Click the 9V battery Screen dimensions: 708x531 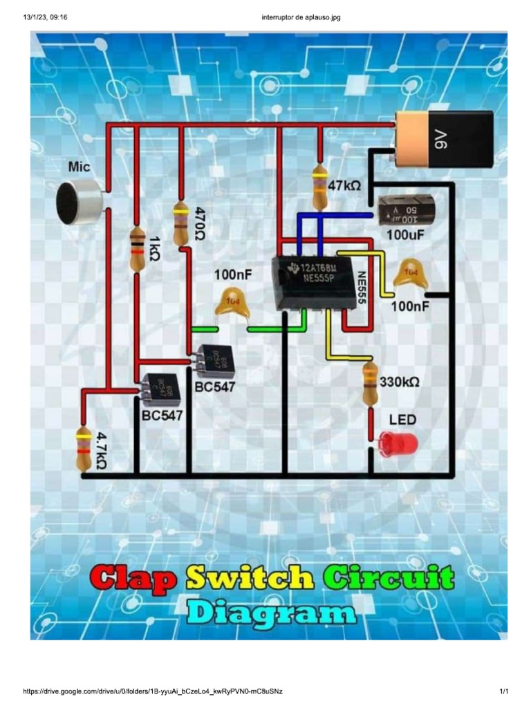[x=444, y=139]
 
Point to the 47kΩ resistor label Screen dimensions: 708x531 [x=345, y=185]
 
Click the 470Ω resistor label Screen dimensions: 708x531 [x=200, y=223]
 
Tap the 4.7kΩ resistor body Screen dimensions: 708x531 [x=84, y=449]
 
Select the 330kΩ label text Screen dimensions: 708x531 [x=400, y=382]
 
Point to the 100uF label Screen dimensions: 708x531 [x=406, y=235]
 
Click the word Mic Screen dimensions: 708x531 [x=79, y=167]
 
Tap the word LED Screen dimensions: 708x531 [x=402, y=420]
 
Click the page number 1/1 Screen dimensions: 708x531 [x=504, y=691]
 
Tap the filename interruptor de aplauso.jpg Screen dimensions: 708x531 [x=301, y=17]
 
